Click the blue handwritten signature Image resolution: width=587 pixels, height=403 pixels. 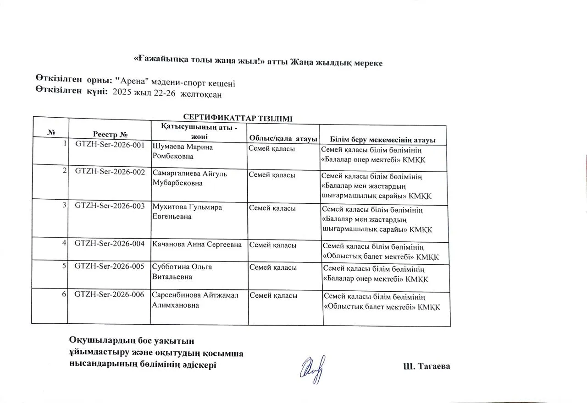coord(313,369)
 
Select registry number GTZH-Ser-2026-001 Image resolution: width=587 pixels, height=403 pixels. coord(110,145)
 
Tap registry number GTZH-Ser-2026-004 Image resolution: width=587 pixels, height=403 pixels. coord(110,244)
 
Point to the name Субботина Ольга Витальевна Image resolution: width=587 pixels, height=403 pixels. coord(182,272)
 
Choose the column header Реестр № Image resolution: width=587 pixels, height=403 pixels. coord(110,135)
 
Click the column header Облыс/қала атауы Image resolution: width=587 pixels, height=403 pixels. coord(283,138)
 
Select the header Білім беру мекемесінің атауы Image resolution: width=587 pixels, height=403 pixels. coord(382,140)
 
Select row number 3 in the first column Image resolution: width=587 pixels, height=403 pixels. coord(65,205)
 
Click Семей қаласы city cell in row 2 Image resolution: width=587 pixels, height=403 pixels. coord(272,174)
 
